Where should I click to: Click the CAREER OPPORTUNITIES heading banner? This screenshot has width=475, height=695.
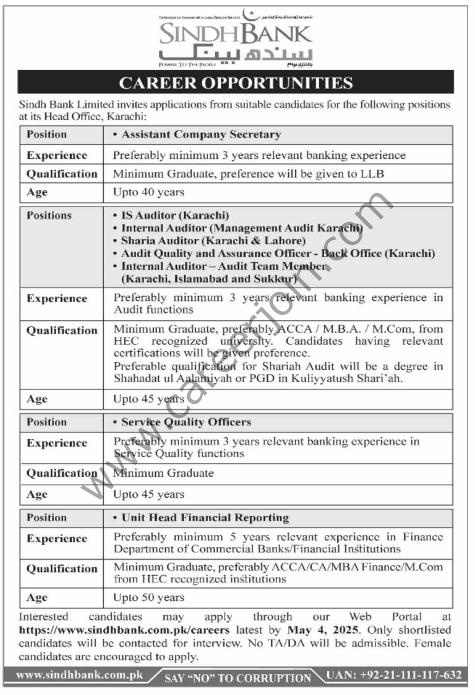[236, 83]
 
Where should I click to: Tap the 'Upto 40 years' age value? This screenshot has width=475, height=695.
[148, 192]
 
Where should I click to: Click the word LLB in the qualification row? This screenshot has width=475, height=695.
[370, 174]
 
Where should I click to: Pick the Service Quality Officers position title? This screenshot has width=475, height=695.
[186, 422]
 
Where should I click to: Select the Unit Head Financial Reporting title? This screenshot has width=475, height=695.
[205, 518]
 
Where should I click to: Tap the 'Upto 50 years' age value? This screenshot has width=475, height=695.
[148, 597]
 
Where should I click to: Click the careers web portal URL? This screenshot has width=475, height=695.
[124, 629]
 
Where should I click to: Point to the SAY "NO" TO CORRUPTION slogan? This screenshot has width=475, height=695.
[237, 678]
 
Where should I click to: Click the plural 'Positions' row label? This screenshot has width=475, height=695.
[49, 216]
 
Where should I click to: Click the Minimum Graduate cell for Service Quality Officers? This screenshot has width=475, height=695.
[163, 473]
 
